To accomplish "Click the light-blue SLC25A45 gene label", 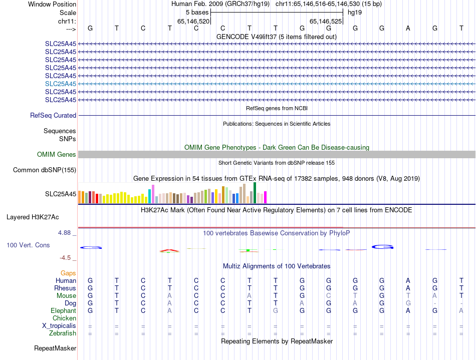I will pyautogui.click(x=61, y=84).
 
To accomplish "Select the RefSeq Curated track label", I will pyautogui.click(x=53, y=115).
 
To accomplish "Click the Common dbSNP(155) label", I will pyautogui.click(x=45, y=170).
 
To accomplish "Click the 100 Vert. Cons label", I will pyautogui.click(x=28, y=245).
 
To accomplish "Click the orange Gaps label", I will pyautogui.click(x=68, y=273).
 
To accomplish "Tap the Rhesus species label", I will pyautogui.click(x=65, y=288).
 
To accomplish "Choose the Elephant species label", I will pyautogui.click(x=64, y=311).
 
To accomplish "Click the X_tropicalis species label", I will pyautogui.click(x=59, y=326).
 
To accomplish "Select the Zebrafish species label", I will pyautogui.click(x=63, y=333).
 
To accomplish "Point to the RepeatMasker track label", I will pyautogui.click(x=55, y=348).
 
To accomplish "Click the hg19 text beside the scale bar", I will pyautogui.click(x=355, y=12).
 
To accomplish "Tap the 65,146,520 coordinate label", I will pyautogui.click(x=193, y=21).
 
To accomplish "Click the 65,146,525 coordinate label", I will pyautogui.click(x=326, y=21).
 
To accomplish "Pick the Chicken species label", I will pyautogui.click(x=64, y=318).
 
